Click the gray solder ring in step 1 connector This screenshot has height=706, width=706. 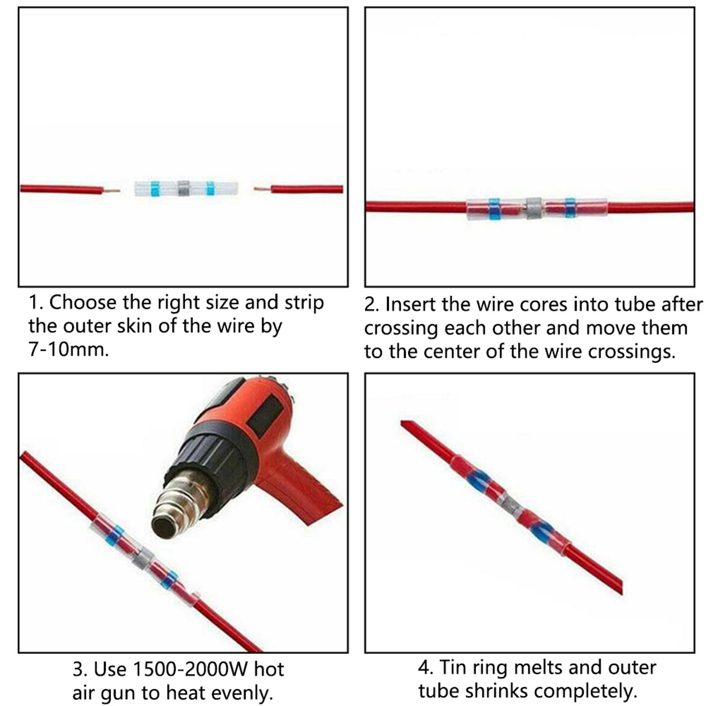tap(184, 189)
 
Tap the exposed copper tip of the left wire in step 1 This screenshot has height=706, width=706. tap(113, 191)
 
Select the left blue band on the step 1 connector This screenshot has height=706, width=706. tap(154, 189)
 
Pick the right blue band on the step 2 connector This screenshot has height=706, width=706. tap(570, 209)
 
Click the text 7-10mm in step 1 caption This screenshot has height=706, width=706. tap(68, 349)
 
